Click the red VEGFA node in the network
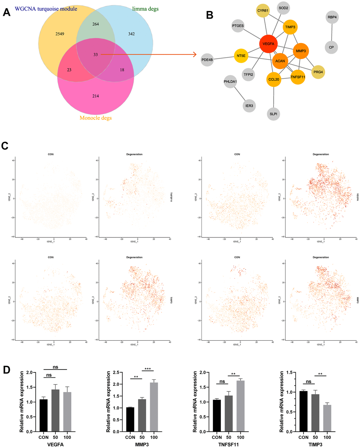[268, 44]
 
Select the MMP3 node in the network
[301, 51]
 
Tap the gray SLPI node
[274, 114]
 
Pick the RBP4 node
[332, 17]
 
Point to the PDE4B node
[207, 60]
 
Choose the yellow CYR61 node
[263, 11]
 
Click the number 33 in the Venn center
[96, 55]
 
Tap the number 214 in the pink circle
[95, 96]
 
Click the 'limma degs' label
[145, 9]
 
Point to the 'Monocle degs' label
[96, 118]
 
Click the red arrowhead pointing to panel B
[194, 54]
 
